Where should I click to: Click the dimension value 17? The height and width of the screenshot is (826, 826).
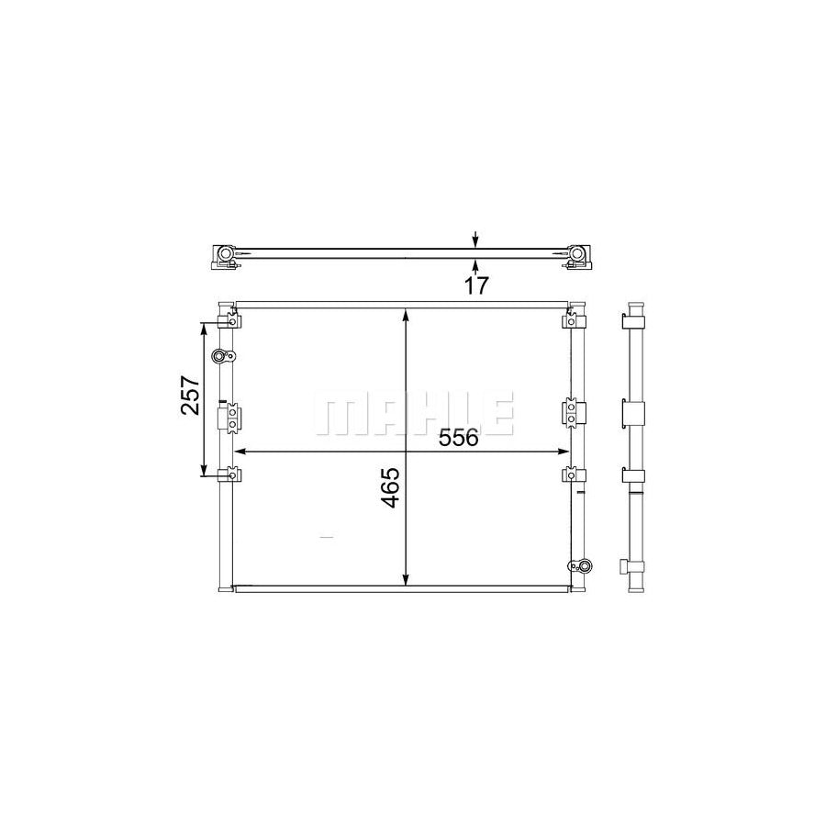[474, 285]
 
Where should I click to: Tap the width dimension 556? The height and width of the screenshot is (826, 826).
[460, 439]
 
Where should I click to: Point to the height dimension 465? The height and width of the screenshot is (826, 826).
[390, 488]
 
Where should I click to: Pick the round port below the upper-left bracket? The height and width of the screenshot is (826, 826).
[220, 356]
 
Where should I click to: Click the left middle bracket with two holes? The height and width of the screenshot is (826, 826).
[229, 418]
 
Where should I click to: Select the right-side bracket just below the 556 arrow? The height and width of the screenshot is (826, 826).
[572, 475]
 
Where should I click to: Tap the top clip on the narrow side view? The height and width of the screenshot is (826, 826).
[634, 321]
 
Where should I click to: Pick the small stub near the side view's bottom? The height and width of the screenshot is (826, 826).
[625, 565]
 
